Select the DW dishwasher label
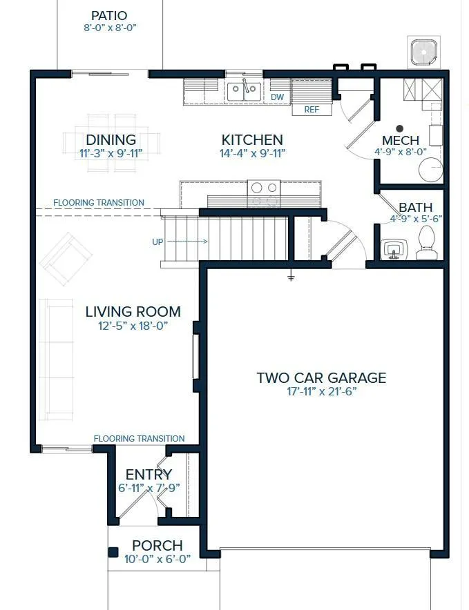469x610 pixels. point(278,97)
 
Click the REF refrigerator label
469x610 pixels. point(312,110)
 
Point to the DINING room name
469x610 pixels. point(111,139)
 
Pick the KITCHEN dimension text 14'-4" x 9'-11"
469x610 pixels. point(252,153)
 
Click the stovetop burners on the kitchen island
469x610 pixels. point(264,194)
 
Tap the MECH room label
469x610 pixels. point(401,140)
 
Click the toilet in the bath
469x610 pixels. point(426,243)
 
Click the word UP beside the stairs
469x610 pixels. point(157,242)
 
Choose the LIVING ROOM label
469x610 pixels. point(133,312)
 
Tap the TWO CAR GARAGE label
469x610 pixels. point(321,377)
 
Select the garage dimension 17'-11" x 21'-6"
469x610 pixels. point(322,391)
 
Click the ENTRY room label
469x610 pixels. point(149,474)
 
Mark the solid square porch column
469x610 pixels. point(113,553)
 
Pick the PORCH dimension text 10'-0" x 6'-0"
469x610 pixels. point(157,559)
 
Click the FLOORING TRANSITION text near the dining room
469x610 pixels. point(99,203)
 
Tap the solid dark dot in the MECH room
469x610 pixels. point(399,128)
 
